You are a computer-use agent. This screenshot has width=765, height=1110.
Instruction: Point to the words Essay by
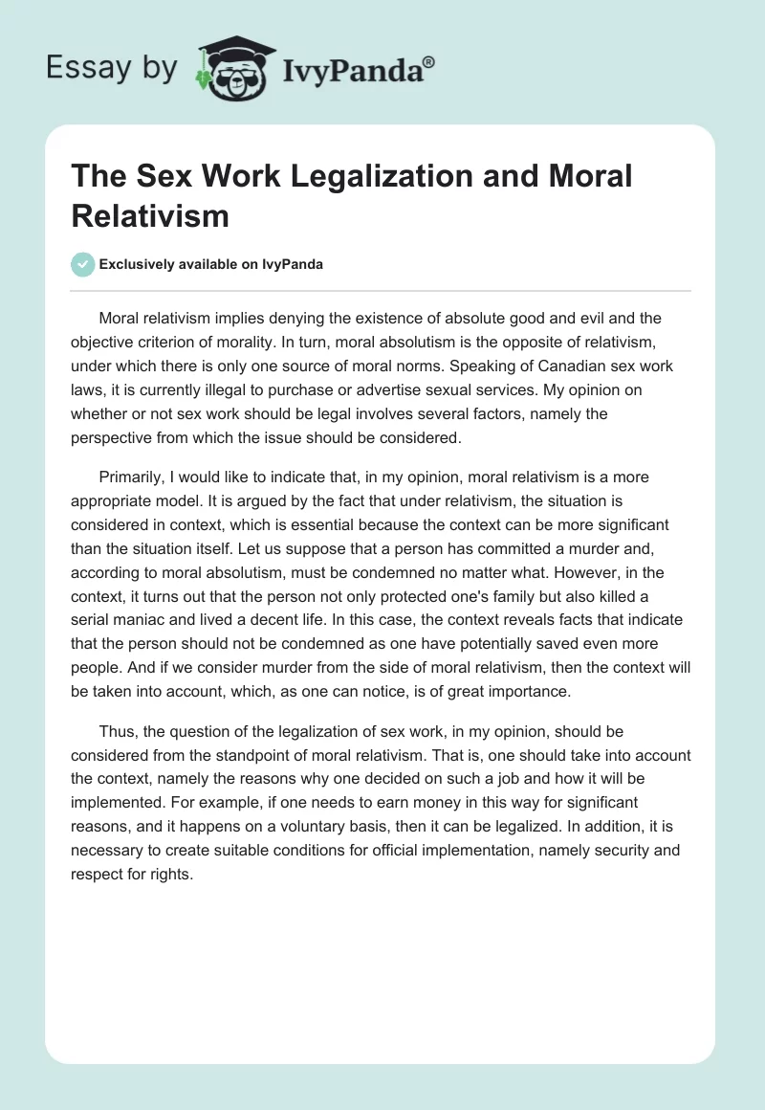111,69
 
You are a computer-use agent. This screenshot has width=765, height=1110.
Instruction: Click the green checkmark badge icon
84,264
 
